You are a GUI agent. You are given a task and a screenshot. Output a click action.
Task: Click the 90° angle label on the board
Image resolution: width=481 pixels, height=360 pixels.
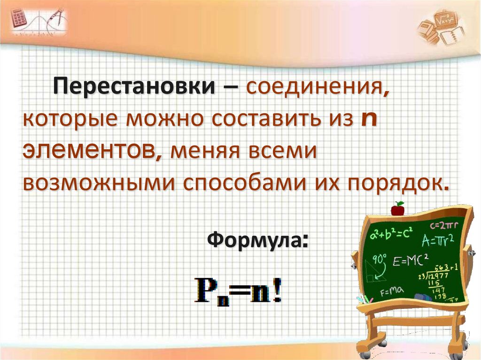379,258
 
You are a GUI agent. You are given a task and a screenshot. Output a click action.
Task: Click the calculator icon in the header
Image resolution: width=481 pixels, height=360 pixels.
19,19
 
